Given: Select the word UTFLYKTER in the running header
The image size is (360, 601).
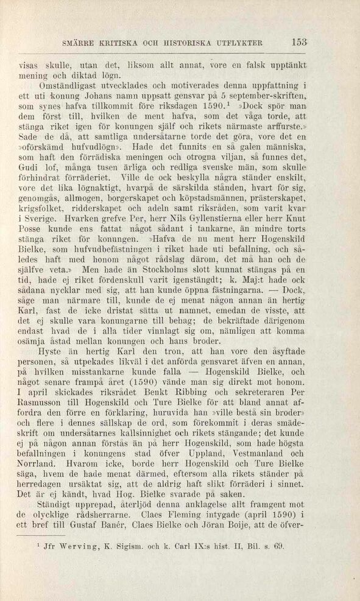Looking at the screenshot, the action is click(236, 43).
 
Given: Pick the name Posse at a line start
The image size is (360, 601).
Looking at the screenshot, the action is click(30, 244).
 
